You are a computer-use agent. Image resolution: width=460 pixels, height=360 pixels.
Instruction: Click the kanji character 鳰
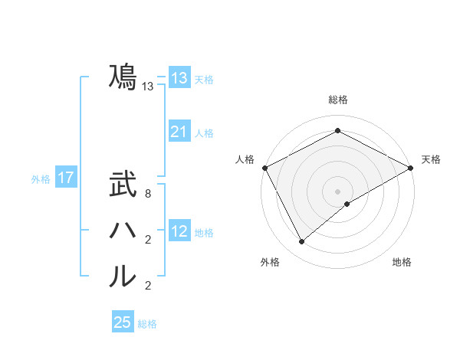(x=123, y=77)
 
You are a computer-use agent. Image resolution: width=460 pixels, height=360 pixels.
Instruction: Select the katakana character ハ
(x=123, y=231)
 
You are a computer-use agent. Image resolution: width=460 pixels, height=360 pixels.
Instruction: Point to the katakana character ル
(x=123, y=277)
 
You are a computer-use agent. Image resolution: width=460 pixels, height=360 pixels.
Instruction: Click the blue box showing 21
(x=179, y=132)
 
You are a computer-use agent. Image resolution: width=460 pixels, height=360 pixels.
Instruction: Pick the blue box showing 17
(x=66, y=178)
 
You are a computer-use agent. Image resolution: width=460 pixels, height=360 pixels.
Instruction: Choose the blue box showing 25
(x=123, y=322)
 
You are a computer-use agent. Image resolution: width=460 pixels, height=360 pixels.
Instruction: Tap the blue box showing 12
(x=179, y=231)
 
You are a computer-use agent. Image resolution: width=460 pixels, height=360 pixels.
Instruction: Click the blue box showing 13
(x=179, y=78)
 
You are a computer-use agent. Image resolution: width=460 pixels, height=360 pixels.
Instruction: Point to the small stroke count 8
(x=147, y=195)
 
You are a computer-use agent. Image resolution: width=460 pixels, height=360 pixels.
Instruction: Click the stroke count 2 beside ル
(x=147, y=286)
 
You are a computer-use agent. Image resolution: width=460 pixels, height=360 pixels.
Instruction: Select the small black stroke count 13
(x=147, y=87)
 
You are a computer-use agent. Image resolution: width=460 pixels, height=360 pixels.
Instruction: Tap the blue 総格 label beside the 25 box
(x=147, y=324)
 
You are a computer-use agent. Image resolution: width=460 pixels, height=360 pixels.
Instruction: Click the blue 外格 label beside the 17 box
(x=41, y=179)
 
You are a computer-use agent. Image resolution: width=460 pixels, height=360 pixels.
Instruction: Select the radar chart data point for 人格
(x=264, y=168)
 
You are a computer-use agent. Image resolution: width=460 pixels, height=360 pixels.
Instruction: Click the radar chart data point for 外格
(x=302, y=242)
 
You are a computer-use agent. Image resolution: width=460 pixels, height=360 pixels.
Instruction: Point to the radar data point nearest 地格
(x=347, y=204)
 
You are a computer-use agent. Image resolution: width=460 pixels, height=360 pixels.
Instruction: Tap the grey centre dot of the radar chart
(x=337, y=191)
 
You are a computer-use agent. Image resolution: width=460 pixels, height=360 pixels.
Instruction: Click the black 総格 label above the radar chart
(x=337, y=100)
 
